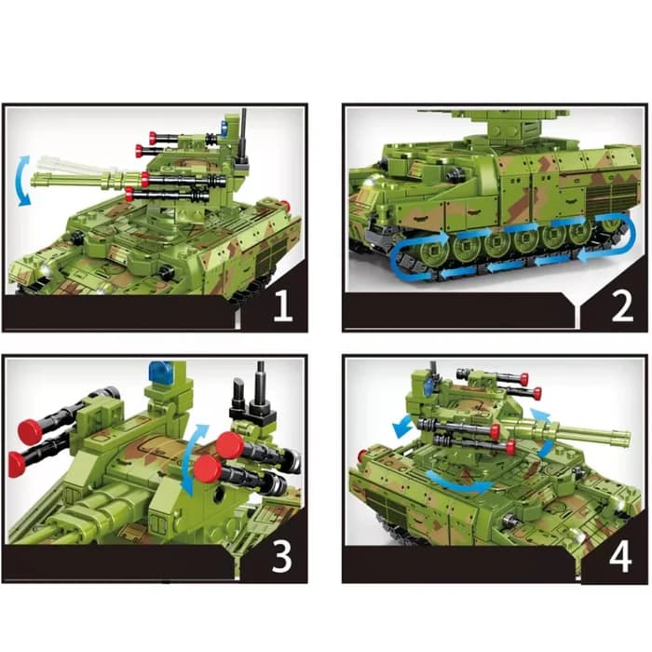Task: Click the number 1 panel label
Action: (x=283, y=306)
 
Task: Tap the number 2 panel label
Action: (x=622, y=306)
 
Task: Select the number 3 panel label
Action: (x=281, y=557)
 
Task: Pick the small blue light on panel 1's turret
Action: (x=224, y=127)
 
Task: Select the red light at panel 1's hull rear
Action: (x=284, y=205)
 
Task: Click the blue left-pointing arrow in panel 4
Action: (x=402, y=428)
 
